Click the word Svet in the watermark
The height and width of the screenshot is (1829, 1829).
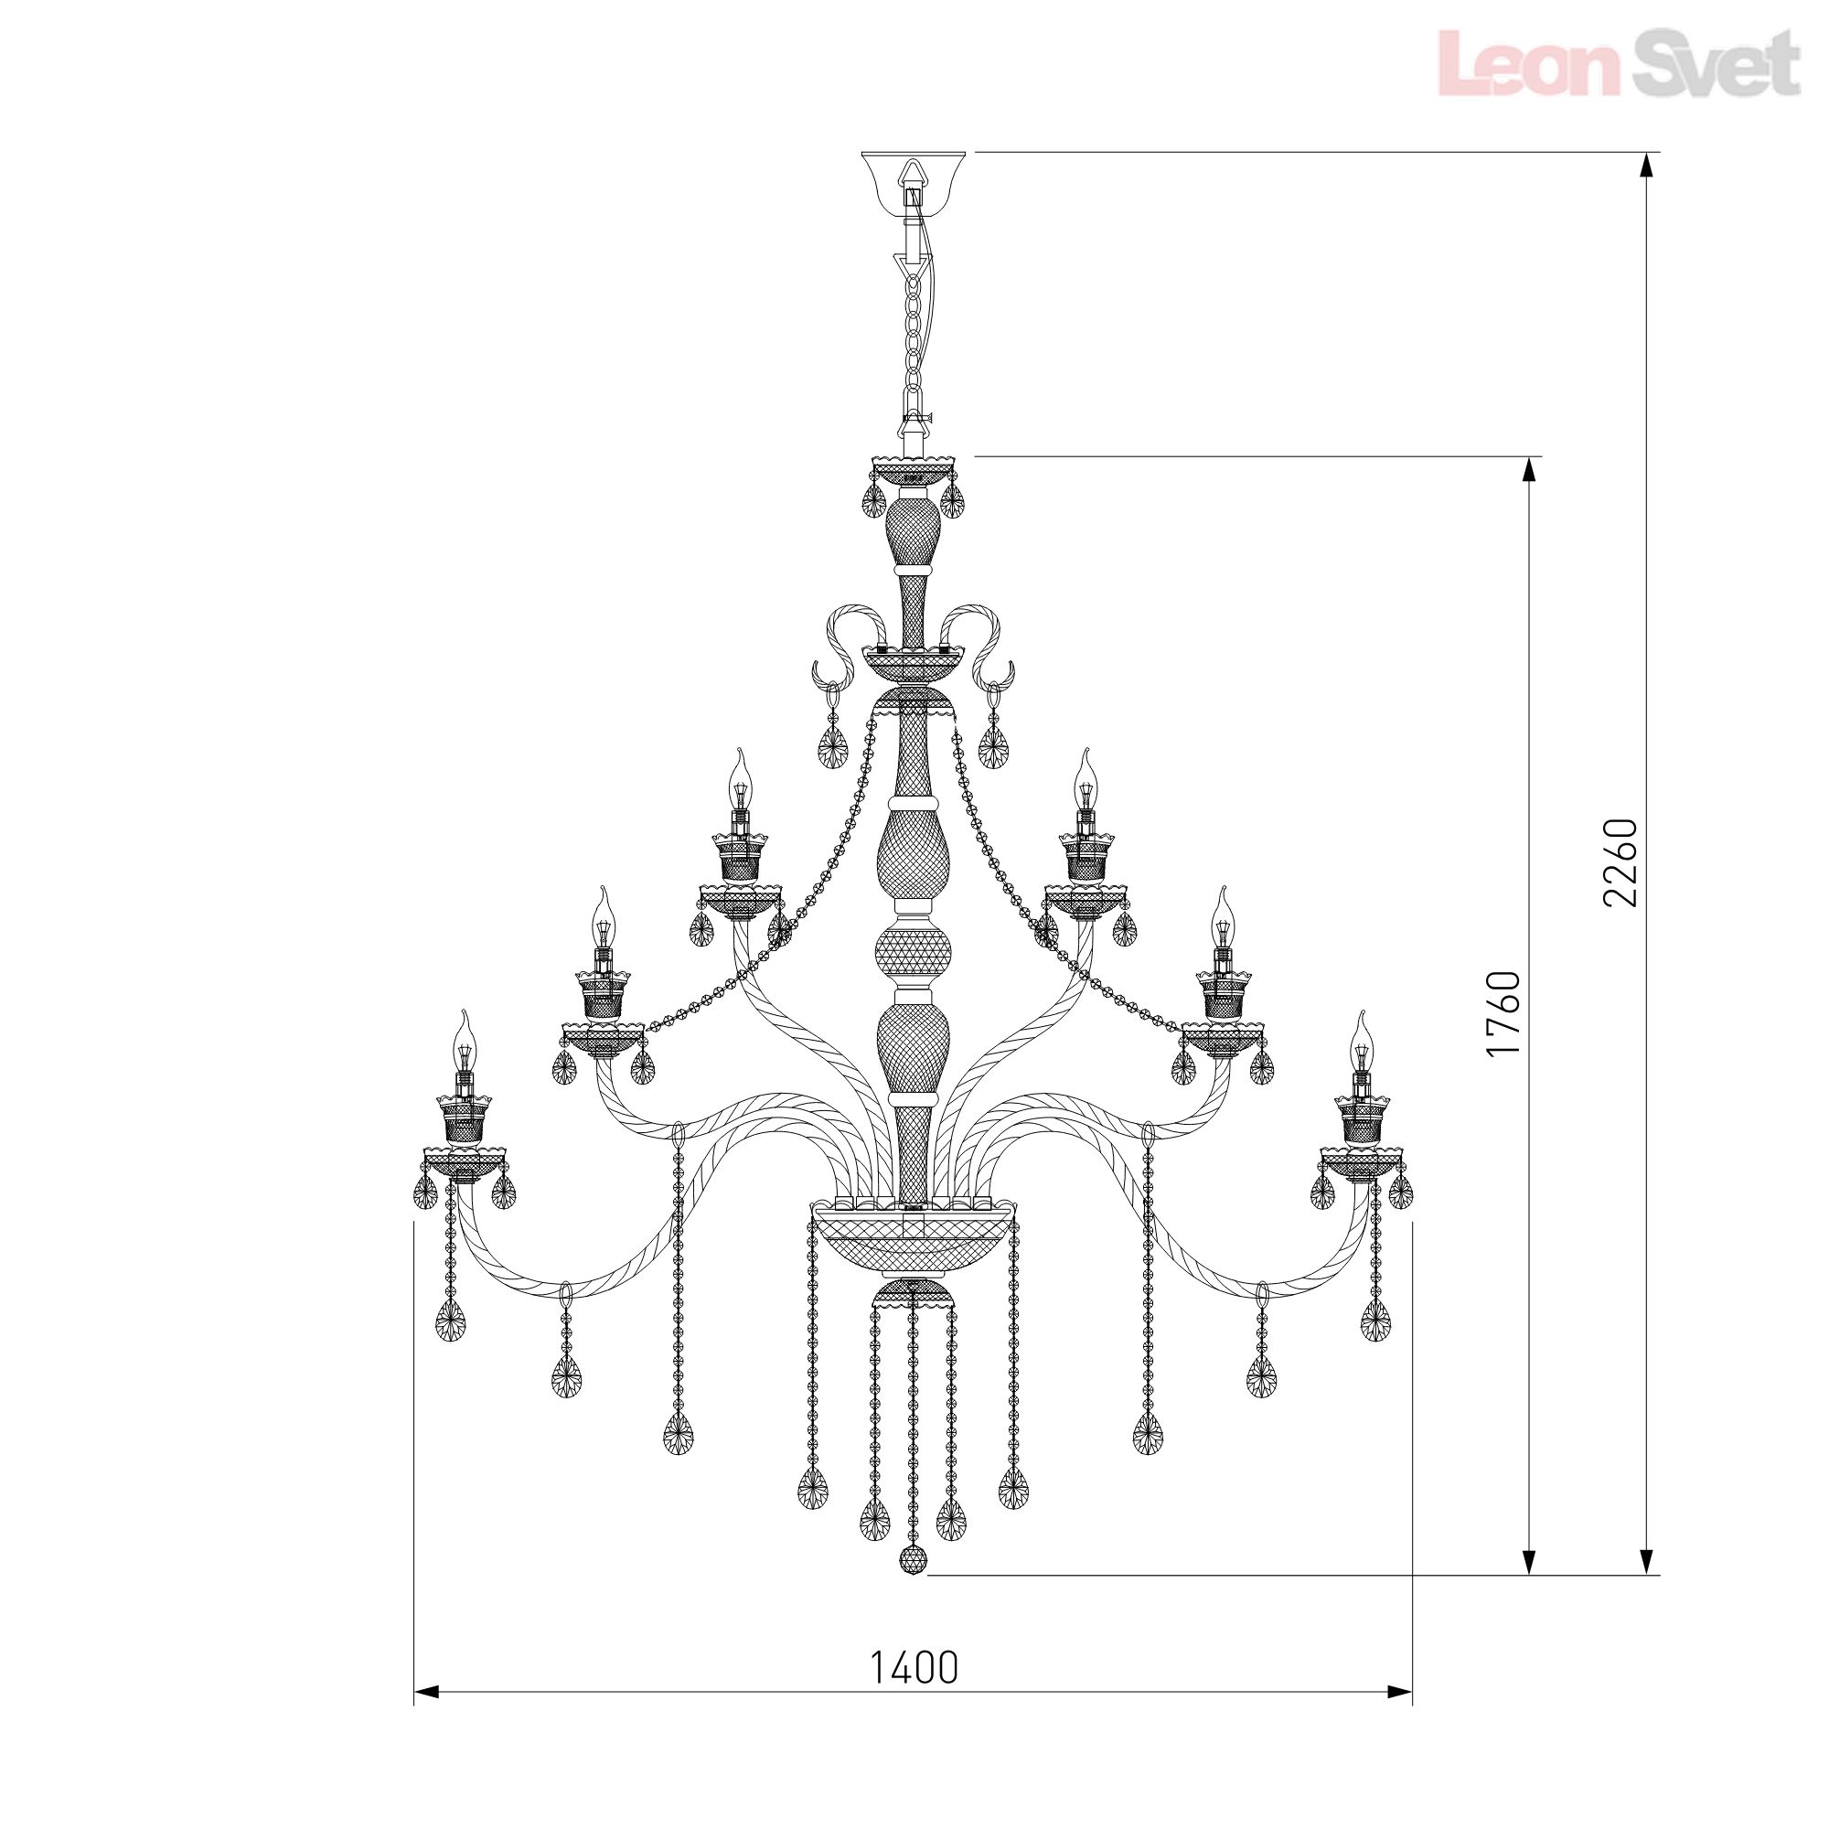click(x=1703, y=64)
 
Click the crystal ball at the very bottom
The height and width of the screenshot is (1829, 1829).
click(x=914, y=1561)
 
